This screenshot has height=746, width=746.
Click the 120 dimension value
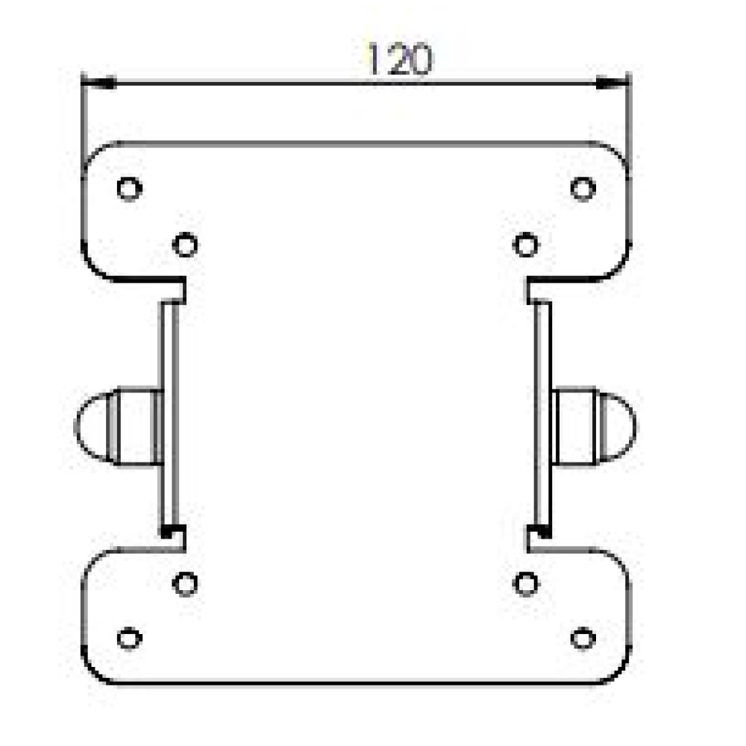click(400, 59)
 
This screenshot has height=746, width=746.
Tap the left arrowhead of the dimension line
click(98, 83)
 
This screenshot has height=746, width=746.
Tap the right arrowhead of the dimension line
click(612, 83)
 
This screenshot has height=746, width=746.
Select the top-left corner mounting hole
click(129, 189)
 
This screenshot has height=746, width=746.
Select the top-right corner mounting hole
click(583, 189)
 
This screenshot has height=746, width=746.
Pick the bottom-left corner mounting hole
click(129, 638)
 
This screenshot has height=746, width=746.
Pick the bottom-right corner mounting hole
click(583, 638)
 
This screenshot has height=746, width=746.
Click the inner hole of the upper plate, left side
click(185, 245)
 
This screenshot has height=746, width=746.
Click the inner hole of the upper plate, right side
click(526, 245)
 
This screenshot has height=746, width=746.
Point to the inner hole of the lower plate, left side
click(185, 584)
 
